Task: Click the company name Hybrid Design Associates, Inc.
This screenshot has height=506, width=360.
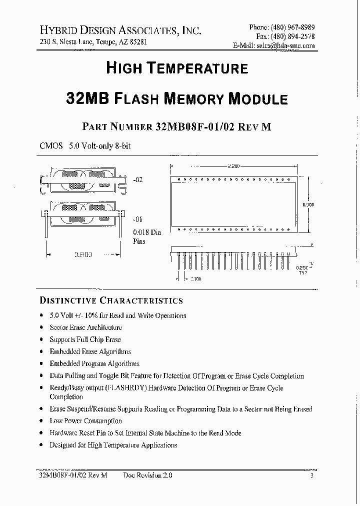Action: tap(120, 30)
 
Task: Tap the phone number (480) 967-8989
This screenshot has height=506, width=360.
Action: tap(293, 27)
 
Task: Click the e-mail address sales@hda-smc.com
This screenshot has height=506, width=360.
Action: tap(285, 45)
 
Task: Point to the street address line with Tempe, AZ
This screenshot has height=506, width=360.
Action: tap(93, 42)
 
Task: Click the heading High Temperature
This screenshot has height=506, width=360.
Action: tap(176, 68)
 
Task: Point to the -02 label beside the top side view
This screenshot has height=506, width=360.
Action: tap(138, 179)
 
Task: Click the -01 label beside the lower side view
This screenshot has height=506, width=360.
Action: tap(138, 219)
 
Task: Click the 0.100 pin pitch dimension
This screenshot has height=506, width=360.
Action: tap(195, 278)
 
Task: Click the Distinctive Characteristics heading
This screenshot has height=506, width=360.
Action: tap(111, 300)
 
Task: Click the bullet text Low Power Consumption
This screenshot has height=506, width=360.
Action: tap(85, 421)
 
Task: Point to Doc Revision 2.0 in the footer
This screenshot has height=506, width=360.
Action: tap(147, 476)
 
